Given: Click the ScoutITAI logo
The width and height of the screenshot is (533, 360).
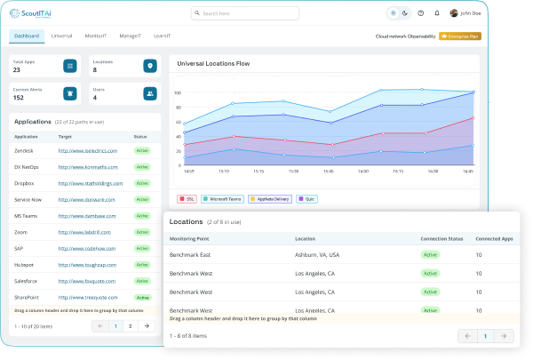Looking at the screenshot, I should click(34, 13).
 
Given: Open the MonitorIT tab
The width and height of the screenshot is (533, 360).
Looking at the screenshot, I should click(97, 36).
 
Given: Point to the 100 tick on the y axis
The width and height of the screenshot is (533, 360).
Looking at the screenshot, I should click(177, 92).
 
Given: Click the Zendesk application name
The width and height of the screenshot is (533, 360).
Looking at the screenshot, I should click(26, 151).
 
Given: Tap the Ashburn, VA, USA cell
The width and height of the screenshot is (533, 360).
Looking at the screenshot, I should click(316, 254).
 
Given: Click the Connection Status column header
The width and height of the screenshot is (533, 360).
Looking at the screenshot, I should click(442, 239).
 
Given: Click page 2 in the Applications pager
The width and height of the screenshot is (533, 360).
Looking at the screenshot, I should click(130, 326).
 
